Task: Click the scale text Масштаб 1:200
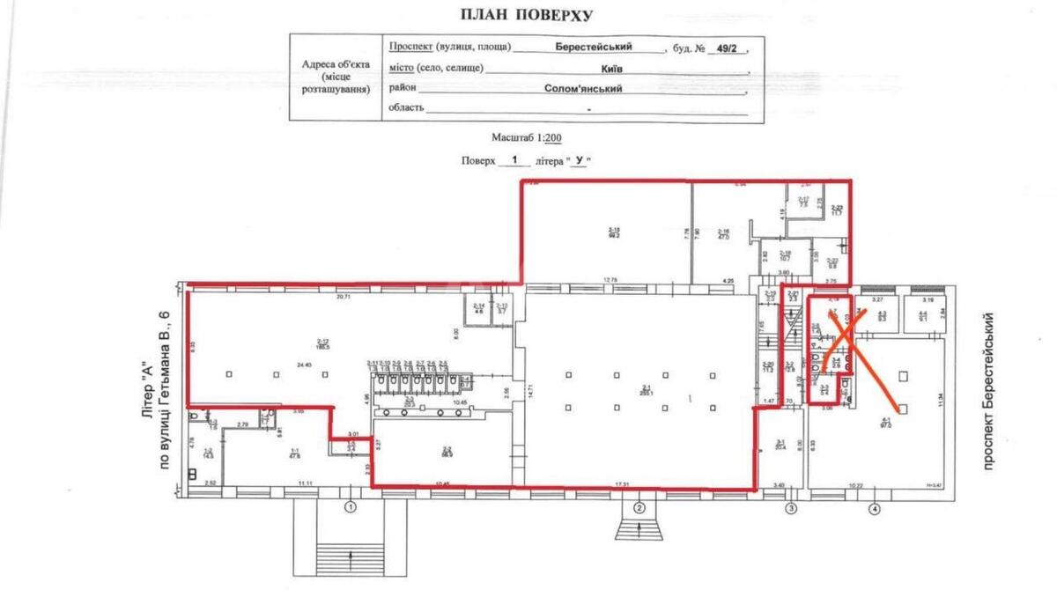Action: (528, 138)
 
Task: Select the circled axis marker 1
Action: (351, 507)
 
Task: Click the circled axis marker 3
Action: (791, 507)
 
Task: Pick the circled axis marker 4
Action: (874, 507)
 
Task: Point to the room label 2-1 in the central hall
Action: (645, 389)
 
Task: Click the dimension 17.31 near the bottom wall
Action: (626, 483)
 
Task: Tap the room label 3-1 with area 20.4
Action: (779, 446)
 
